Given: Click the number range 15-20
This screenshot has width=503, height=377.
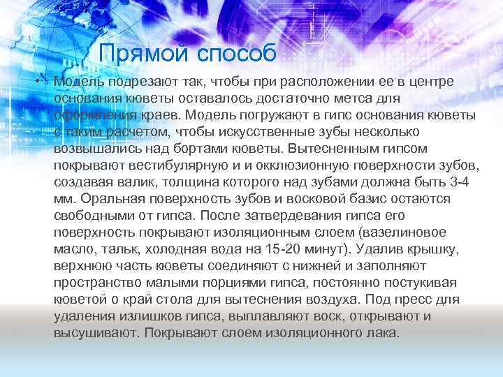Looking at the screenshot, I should click(x=282, y=249).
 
